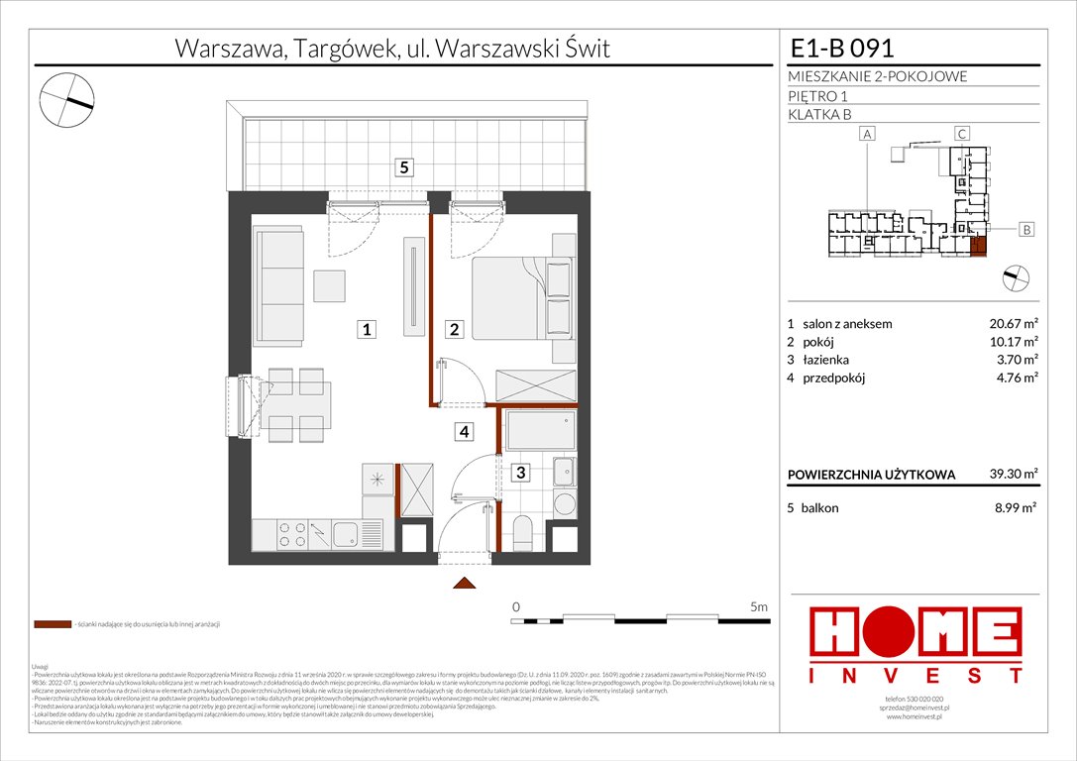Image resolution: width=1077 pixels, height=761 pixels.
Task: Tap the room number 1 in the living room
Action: [x=367, y=330]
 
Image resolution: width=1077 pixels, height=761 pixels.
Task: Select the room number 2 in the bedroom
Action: [x=454, y=330]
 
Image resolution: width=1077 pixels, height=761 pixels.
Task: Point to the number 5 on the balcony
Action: [x=403, y=167]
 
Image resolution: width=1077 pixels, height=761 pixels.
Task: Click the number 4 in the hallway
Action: [x=463, y=431]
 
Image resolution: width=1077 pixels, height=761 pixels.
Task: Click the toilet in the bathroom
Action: [x=522, y=531]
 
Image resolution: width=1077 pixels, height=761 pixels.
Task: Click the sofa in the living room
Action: [x=278, y=282]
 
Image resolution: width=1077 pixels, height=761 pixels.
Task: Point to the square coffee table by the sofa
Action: [x=329, y=285]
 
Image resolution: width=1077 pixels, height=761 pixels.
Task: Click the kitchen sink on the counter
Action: [x=347, y=535]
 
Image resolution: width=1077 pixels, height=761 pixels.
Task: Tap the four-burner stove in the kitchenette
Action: [x=291, y=534]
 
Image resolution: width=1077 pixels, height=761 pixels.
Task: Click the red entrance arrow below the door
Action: [x=463, y=586]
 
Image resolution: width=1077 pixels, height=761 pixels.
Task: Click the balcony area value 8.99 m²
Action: [x=1014, y=507]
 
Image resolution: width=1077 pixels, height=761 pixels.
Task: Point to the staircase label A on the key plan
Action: [x=866, y=133]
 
